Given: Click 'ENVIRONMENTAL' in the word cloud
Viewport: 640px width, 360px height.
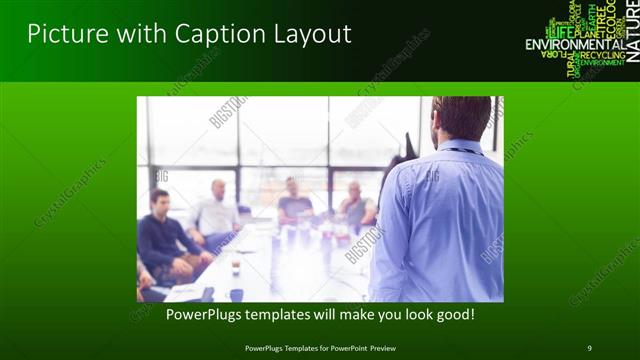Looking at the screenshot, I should pos(575,45).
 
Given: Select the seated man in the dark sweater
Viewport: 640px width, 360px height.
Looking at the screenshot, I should pos(160,235).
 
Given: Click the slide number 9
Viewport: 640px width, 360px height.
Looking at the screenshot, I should pos(589,347).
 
